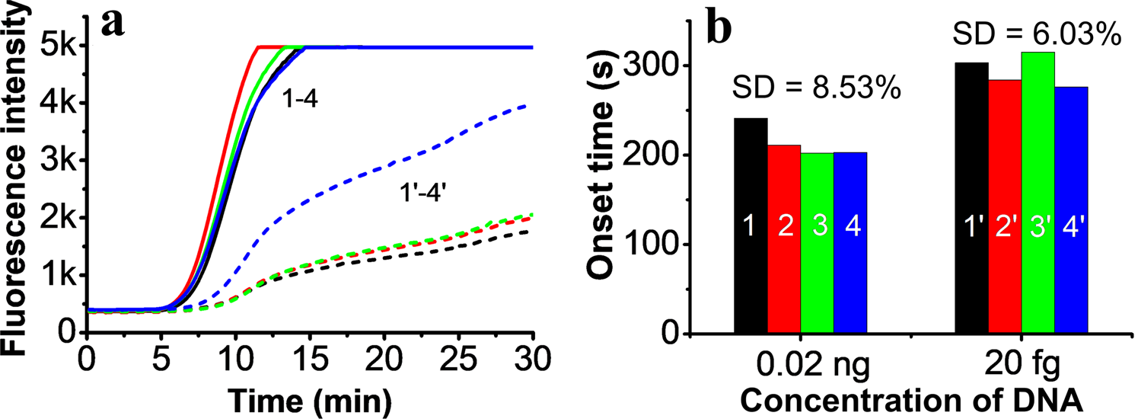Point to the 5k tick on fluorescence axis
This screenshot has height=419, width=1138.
pyautogui.click(x=58, y=47)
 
